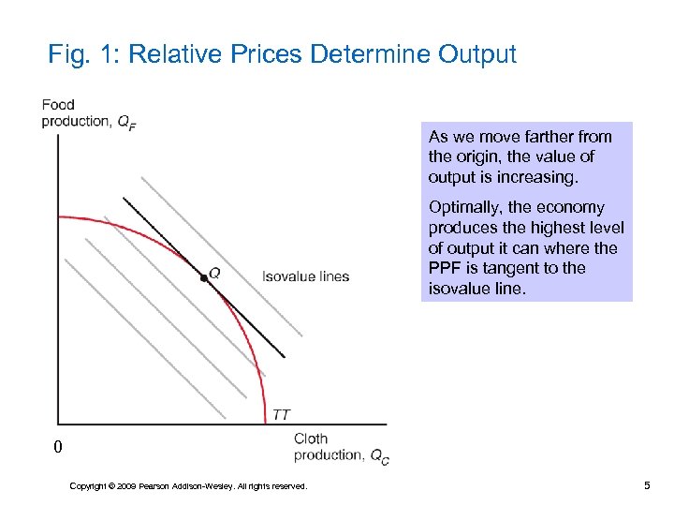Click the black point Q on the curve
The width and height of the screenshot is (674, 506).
tap(203, 278)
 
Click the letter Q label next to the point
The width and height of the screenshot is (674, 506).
tap(215, 273)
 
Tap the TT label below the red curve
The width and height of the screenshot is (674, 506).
tap(281, 414)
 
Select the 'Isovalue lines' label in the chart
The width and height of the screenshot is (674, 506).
tap(305, 276)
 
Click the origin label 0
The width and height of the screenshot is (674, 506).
tap(58, 448)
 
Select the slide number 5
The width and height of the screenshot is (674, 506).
tap(647, 484)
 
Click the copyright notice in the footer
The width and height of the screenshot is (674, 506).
tap(188, 485)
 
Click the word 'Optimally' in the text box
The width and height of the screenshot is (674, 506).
tap(463, 207)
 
